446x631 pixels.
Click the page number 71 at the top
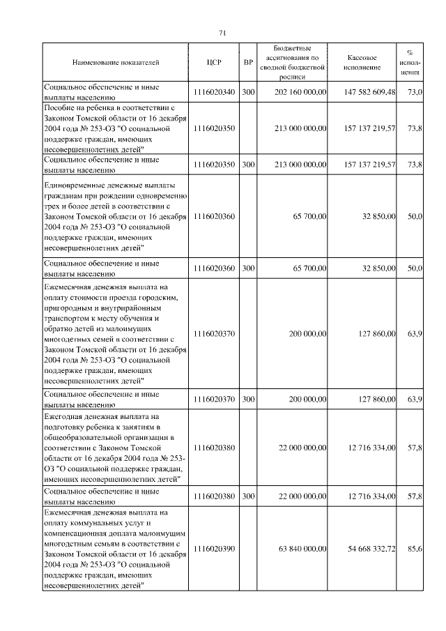click(x=222, y=33)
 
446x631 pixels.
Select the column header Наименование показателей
click(x=116, y=63)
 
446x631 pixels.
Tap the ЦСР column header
click(x=214, y=63)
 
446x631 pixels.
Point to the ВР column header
click(x=247, y=63)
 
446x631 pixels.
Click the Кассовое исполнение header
click(x=363, y=63)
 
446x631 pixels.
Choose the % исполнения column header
click(x=413, y=62)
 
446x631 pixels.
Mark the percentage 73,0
click(x=415, y=92)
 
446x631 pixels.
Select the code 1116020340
click(x=215, y=92)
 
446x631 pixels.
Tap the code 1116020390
click(x=215, y=549)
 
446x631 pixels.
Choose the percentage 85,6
click(x=415, y=549)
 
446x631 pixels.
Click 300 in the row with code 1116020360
click(x=247, y=268)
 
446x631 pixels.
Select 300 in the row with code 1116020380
click(x=247, y=496)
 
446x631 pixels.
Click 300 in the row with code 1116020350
click(x=247, y=165)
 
